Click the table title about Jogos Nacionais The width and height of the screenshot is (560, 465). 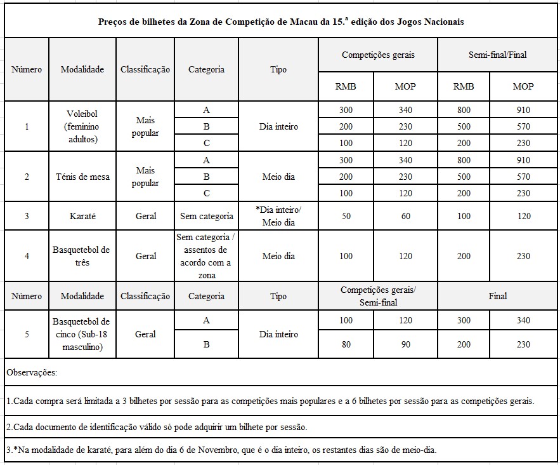[281, 22]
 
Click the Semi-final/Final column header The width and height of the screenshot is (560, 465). [498, 55]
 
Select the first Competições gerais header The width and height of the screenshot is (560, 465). [378, 55]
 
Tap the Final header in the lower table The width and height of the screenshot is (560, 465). [498, 296]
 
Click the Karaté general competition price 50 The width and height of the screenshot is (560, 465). [346, 216]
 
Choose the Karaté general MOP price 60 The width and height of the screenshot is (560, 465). [405, 216]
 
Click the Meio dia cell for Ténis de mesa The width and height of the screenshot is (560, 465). [278, 177]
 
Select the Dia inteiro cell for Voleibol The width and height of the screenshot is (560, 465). [278, 126]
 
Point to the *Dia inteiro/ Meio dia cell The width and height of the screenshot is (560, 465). [278, 216]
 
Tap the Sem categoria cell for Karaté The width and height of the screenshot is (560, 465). [206, 216]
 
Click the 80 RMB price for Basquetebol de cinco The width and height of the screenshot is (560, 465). [346, 344]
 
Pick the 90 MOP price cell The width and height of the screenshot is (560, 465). [405, 344]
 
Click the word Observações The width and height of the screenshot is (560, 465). [32, 372]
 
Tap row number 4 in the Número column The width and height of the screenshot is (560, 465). [27, 256]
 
